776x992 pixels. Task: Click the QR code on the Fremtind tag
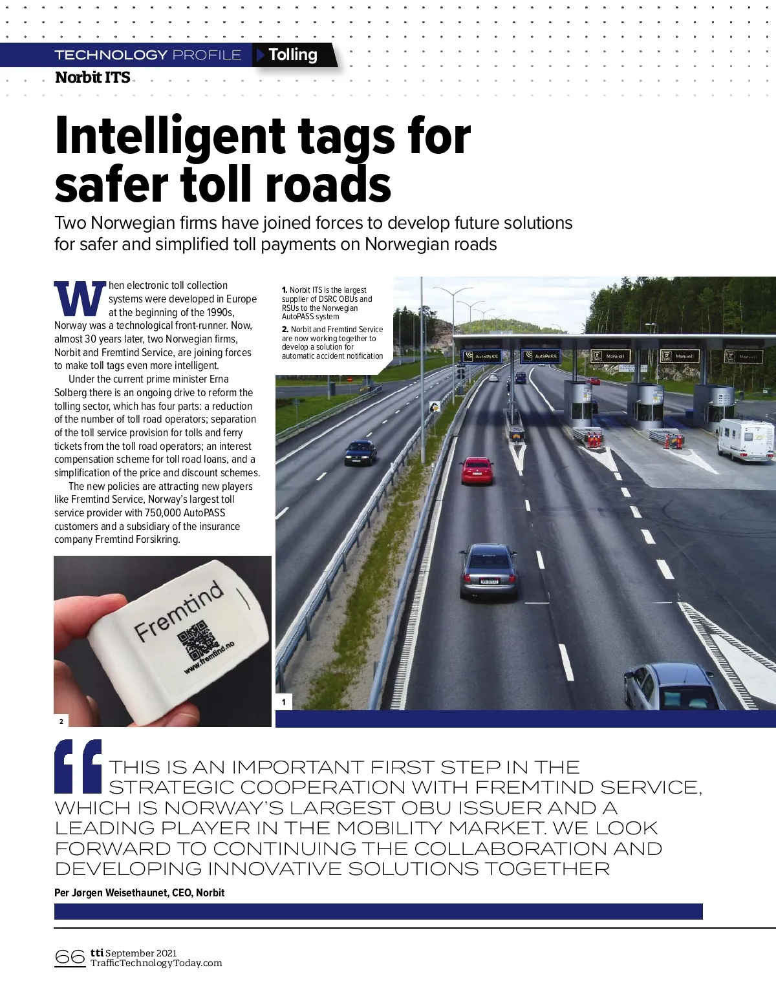197,640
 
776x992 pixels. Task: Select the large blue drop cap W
80,298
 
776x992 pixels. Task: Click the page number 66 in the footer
70,956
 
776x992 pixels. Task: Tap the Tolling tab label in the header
293,55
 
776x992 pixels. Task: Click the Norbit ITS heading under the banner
92,78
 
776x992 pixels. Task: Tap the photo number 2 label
61,721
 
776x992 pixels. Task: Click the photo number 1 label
283,702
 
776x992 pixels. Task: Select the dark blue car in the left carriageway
360,452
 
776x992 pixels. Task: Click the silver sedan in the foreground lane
489,571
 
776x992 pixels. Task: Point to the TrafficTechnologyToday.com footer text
156,963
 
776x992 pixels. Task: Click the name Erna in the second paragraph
219,379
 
